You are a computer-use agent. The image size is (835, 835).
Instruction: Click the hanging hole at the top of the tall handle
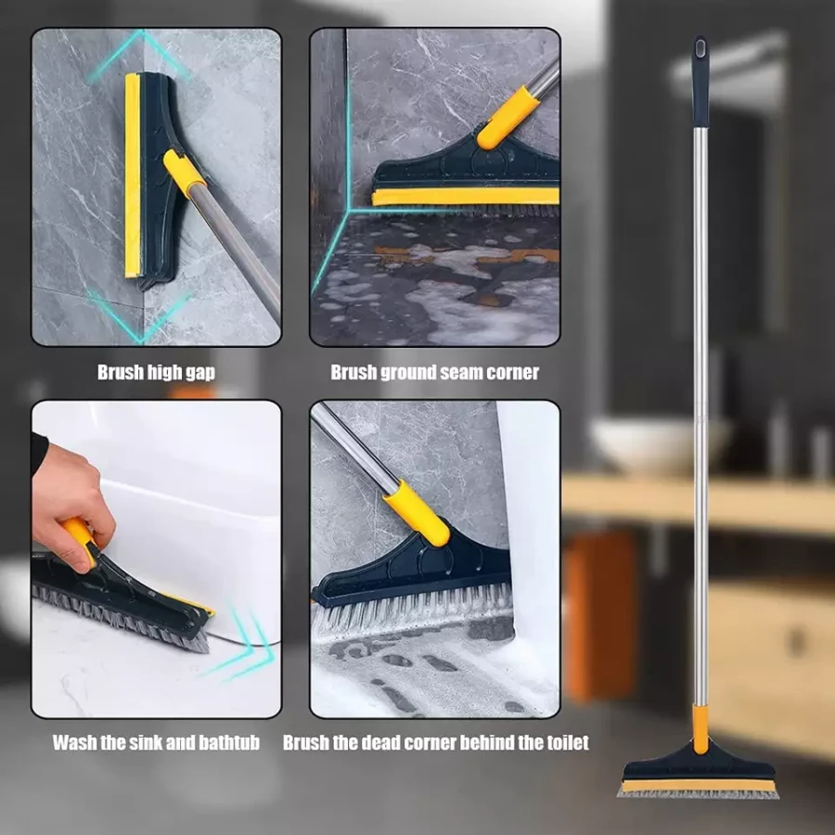point(700,48)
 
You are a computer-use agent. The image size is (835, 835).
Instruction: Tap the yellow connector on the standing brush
point(700,729)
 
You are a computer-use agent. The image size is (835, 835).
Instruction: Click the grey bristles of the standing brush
point(698,793)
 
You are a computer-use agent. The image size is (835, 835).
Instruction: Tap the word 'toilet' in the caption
point(568,742)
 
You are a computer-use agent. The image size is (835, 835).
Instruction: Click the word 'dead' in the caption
point(381,742)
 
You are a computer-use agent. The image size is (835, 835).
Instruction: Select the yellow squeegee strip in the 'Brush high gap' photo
point(133,175)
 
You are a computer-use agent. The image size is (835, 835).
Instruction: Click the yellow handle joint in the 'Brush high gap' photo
point(184,171)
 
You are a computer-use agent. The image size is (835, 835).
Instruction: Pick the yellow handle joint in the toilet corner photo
point(416,513)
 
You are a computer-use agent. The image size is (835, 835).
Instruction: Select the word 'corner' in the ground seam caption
point(512,372)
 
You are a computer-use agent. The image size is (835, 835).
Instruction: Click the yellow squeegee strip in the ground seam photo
point(465,197)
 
